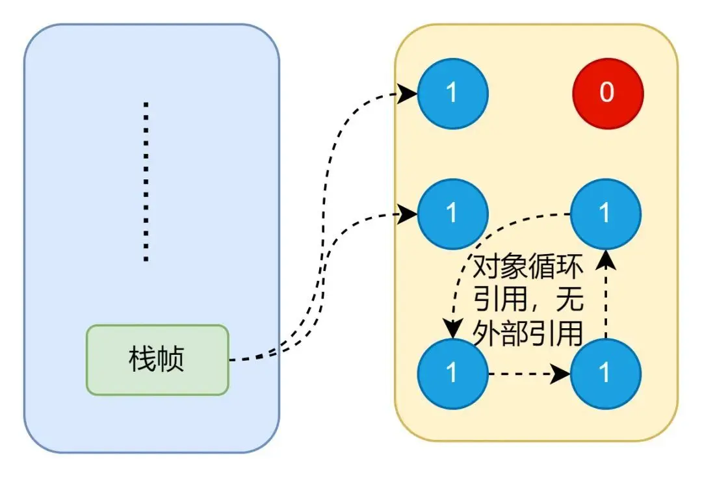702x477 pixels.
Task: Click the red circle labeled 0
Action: (607, 93)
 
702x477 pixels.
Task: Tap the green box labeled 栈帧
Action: (157, 359)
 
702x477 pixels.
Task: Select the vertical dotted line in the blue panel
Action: (146, 182)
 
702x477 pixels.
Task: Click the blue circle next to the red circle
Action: (452, 93)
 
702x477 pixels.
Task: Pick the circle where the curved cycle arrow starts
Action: (606, 213)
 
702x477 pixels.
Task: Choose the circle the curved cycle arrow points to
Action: (452, 373)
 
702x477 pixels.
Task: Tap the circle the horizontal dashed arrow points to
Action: (606, 373)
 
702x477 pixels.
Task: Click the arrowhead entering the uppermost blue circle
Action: (408, 94)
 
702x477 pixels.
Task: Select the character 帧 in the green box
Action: (172, 359)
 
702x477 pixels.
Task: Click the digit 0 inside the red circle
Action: (607, 93)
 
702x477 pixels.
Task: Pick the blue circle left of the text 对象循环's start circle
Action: (452, 213)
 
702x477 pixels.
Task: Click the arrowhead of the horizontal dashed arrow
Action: (562, 374)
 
